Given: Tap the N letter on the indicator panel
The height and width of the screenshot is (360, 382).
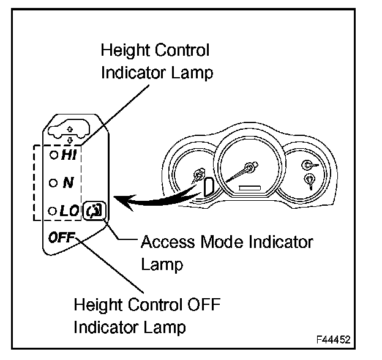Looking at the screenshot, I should click(68, 182).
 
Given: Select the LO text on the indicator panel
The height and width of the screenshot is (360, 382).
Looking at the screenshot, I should click(69, 211).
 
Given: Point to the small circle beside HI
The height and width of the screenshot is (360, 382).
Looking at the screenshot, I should click(54, 156).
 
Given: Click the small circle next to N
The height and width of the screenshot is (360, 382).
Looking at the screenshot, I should click(54, 183).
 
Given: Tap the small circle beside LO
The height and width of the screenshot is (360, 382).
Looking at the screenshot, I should click(54, 211).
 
